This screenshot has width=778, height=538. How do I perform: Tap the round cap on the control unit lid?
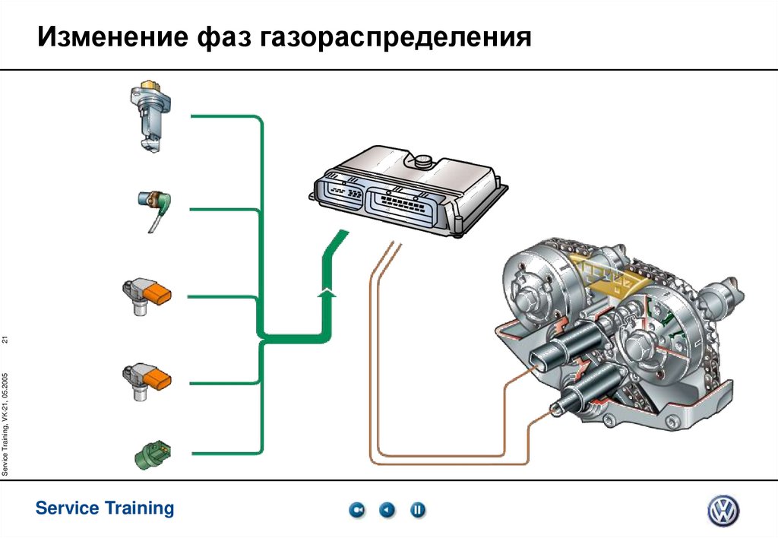422,161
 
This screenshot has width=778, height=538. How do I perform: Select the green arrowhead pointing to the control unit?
326,290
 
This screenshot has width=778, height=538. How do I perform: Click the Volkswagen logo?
723,510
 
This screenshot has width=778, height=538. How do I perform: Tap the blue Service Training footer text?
105,508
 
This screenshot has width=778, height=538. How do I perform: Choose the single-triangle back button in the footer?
387,510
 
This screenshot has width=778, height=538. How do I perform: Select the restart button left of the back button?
357,510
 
